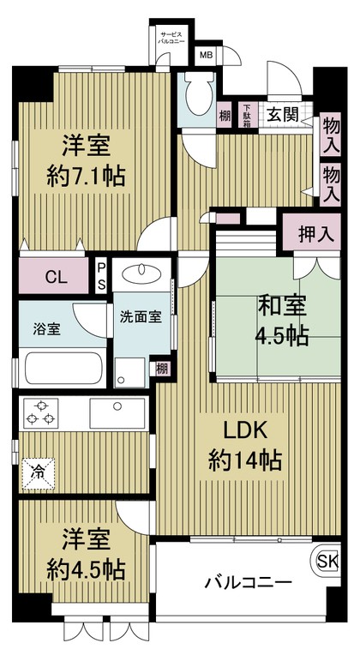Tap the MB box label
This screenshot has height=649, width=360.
coord(206,56)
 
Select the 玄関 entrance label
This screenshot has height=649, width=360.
coord(280,115)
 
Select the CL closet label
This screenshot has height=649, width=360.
coord(54,276)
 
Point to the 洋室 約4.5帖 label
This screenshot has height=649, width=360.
coord(83,555)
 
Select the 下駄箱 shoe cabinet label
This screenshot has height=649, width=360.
coord(246,115)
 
